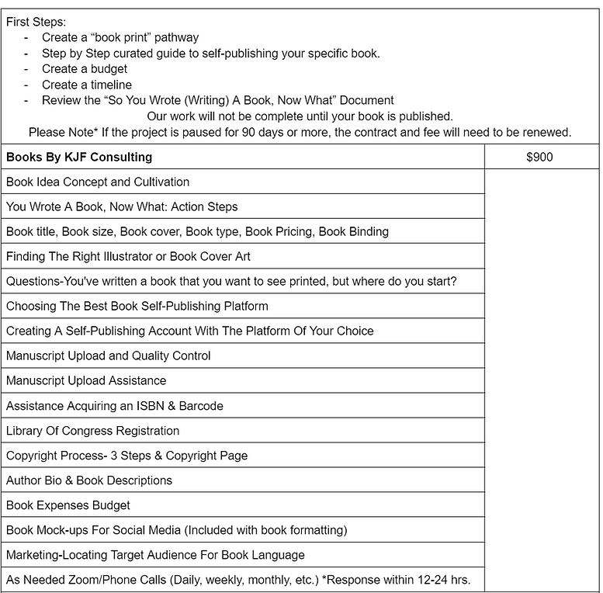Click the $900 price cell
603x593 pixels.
click(x=539, y=157)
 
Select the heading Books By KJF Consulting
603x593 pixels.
click(x=79, y=157)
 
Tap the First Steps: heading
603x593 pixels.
click(x=36, y=22)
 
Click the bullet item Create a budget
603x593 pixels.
click(x=85, y=69)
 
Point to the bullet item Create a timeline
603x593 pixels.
click(x=87, y=85)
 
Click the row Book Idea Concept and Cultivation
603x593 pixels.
click(x=98, y=182)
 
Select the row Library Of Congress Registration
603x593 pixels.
click(x=92, y=431)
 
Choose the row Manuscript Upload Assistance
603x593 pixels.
click(x=86, y=380)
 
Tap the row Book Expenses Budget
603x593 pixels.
click(x=68, y=505)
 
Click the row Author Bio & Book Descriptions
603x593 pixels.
click(x=89, y=480)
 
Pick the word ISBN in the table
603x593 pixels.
click(x=156, y=406)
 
